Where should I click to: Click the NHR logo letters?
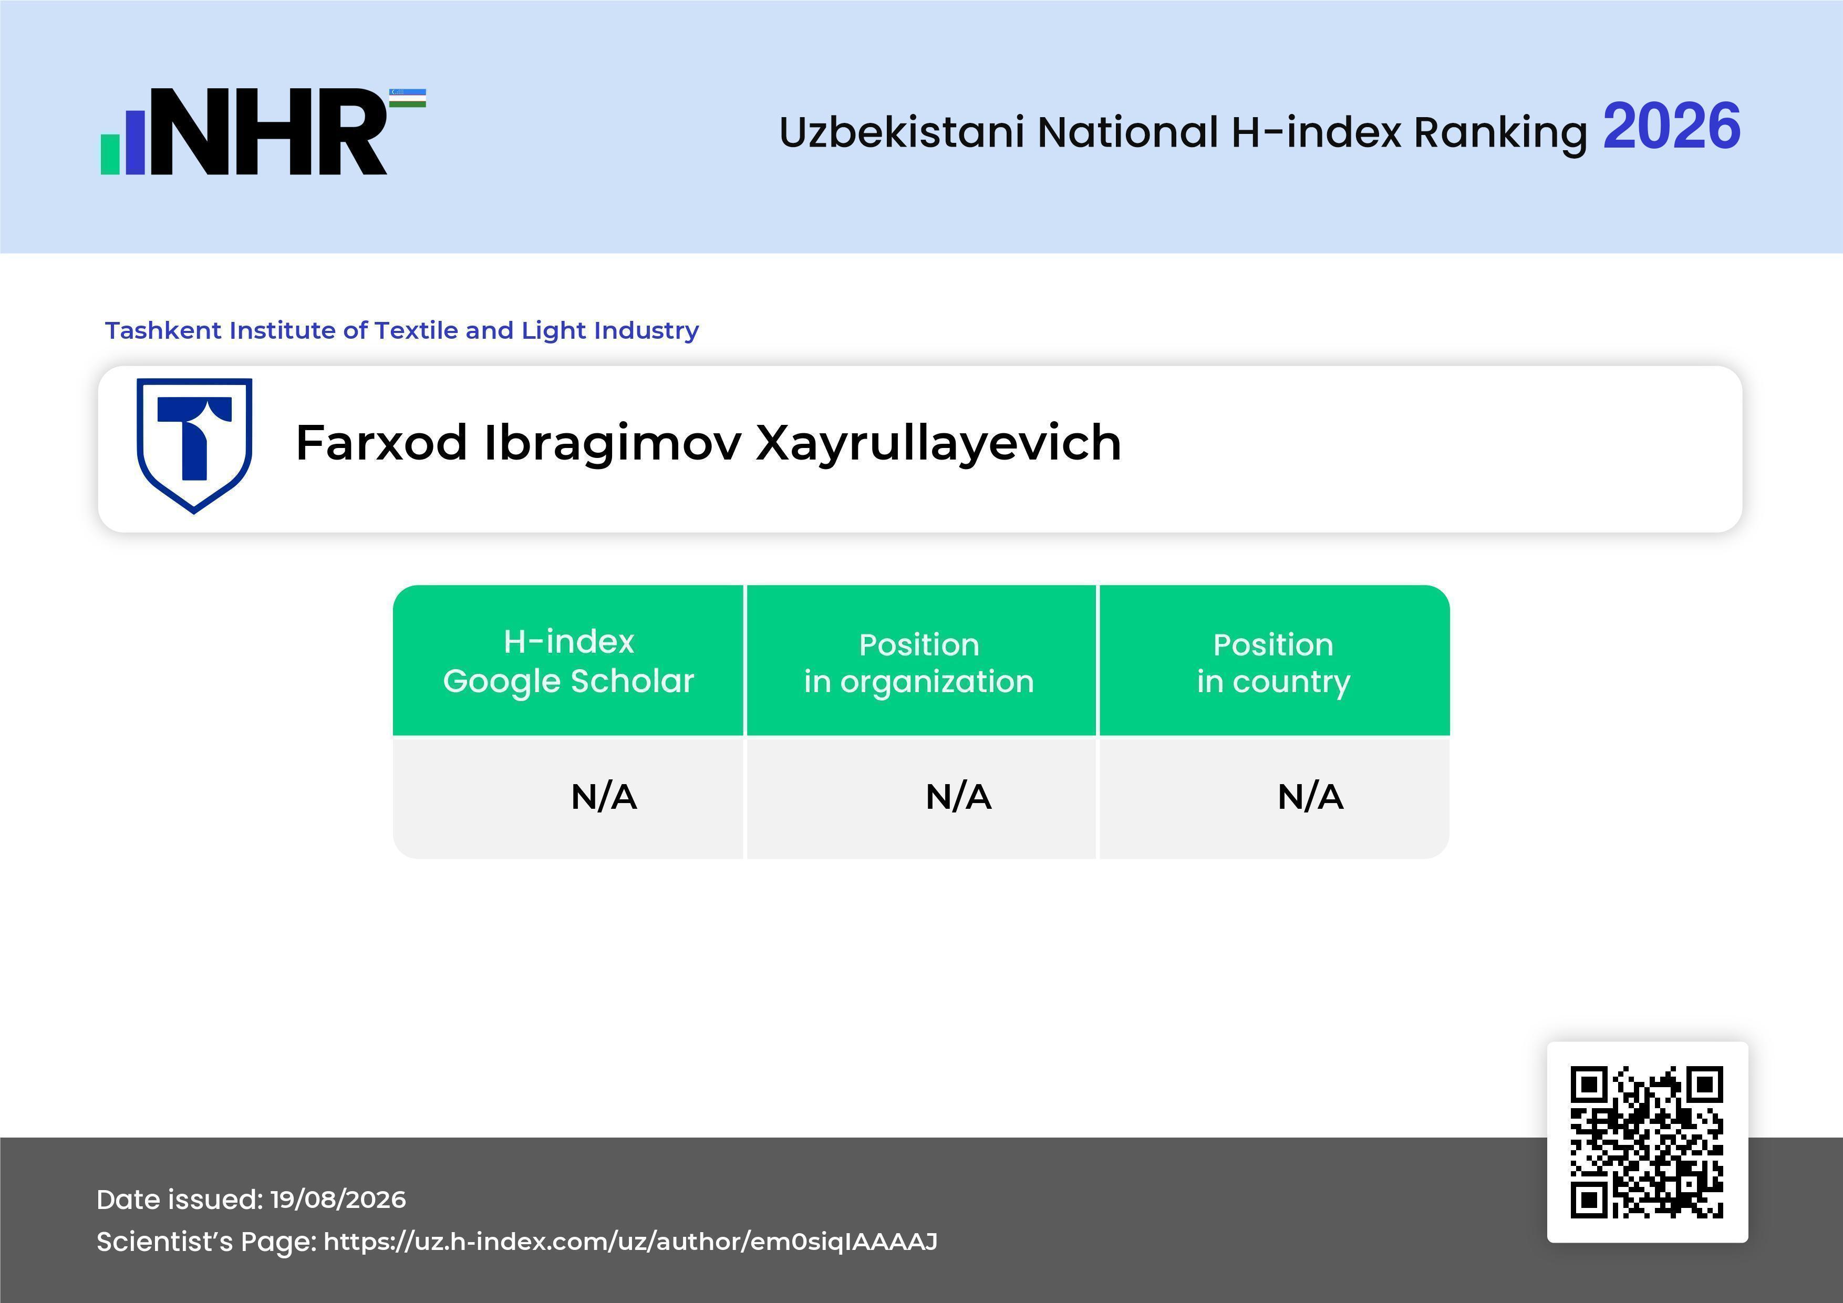[x=268, y=132]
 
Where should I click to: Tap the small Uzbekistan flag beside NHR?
[x=408, y=98]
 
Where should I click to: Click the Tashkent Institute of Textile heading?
[x=402, y=330]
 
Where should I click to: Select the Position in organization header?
[x=919, y=663]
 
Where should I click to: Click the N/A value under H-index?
[x=604, y=797]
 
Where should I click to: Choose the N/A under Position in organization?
[x=958, y=797]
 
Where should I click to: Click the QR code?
[x=1647, y=1142]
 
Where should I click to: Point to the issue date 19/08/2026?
[x=338, y=1200]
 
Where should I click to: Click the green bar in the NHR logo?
[x=110, y=153]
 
